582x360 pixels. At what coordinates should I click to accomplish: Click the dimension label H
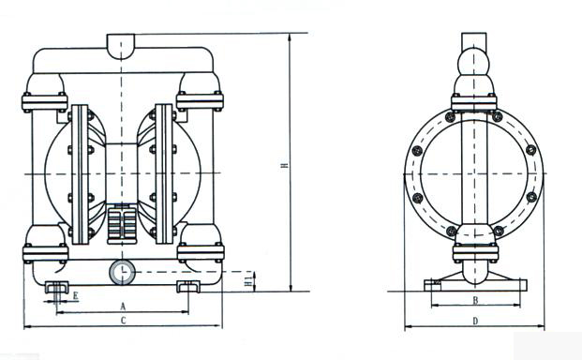point(284,165)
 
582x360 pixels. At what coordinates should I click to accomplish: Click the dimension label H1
point(250,279)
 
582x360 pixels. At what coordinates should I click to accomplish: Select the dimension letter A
point(123,307)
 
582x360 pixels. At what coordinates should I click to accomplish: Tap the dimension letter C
point(123,321)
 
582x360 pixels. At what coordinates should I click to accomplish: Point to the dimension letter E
point(76,296)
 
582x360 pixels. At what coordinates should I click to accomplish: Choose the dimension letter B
point(475,301)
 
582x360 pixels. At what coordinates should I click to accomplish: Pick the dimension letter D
point(475,321)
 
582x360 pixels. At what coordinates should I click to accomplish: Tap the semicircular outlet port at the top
point(121,46)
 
